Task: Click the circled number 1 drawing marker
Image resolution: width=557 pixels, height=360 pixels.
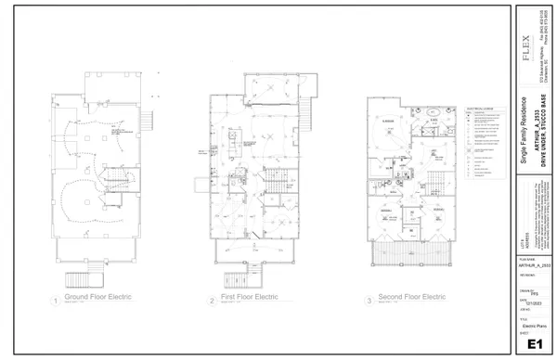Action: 57,301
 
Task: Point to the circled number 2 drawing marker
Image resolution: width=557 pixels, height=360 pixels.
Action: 213,301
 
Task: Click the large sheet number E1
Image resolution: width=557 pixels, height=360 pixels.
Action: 534,344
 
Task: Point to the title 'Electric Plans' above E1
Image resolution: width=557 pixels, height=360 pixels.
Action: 533,328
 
